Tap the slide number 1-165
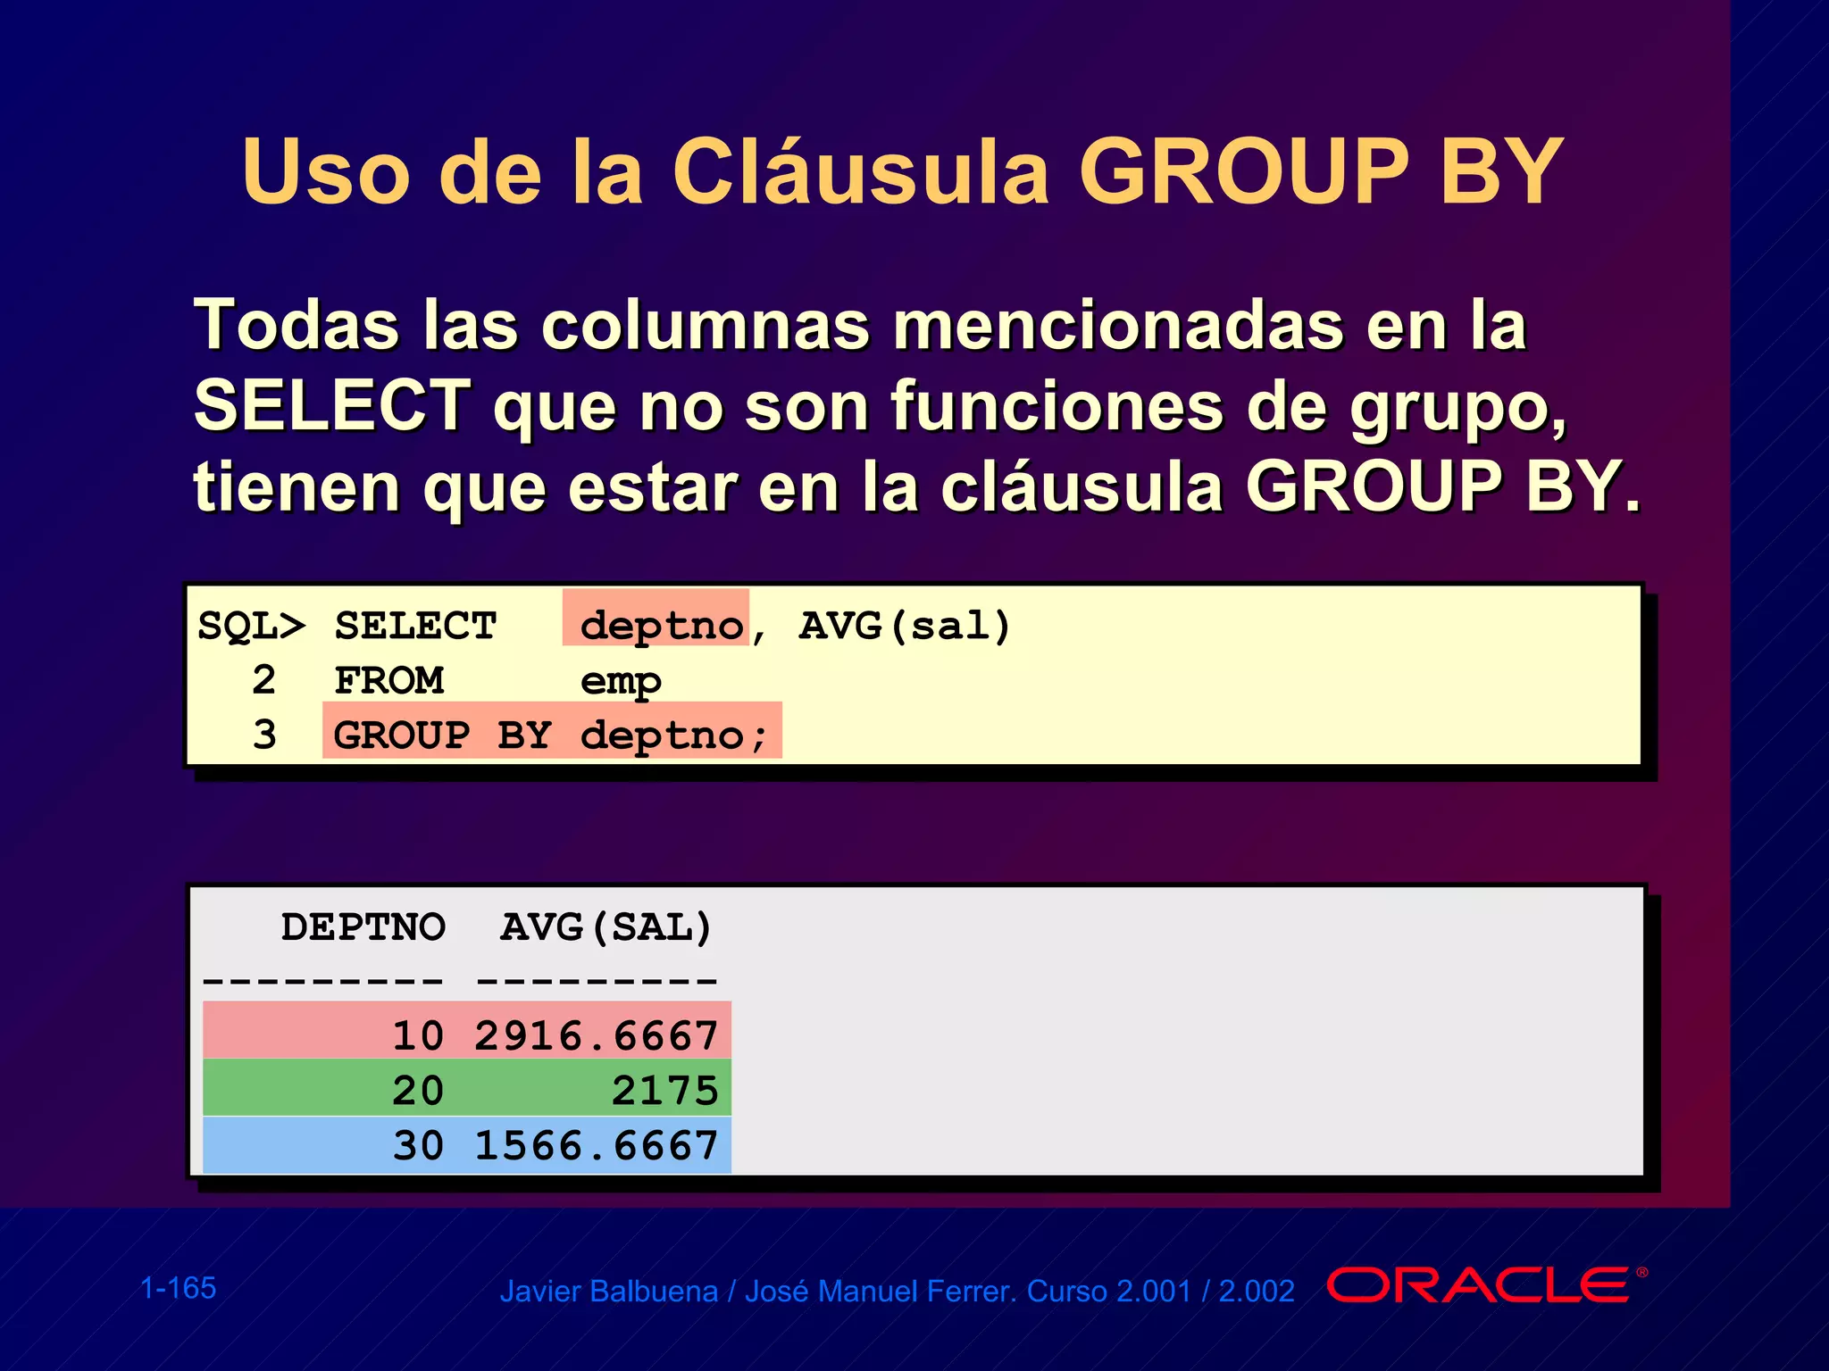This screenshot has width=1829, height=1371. coord(179,1288)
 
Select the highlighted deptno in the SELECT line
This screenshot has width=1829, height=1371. coord(661,626)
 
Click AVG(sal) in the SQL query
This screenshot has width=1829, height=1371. coord(905,626)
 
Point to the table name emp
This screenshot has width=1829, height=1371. coord(621,682)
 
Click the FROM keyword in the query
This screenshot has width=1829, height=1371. coord(389,681)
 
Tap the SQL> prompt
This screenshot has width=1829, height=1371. coord(251,626)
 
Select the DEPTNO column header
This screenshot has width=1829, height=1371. coord(363,927)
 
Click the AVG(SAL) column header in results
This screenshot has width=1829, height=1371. coord(606,927)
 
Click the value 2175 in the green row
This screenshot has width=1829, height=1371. coord(665,1091)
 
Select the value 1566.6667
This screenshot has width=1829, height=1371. coord(597,1146)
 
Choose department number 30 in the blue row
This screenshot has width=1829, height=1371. coord(418,1146)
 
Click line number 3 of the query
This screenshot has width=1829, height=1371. coord(264,735)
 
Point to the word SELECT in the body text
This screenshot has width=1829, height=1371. coord(332,406)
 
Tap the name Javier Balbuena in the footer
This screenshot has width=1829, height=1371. coord(608,1292)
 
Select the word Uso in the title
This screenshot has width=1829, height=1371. coord(325,171)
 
